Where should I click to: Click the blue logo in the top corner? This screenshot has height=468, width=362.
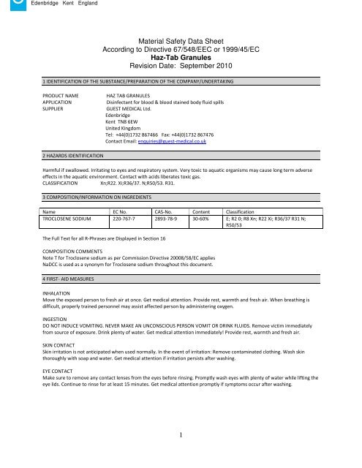(4, 4)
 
